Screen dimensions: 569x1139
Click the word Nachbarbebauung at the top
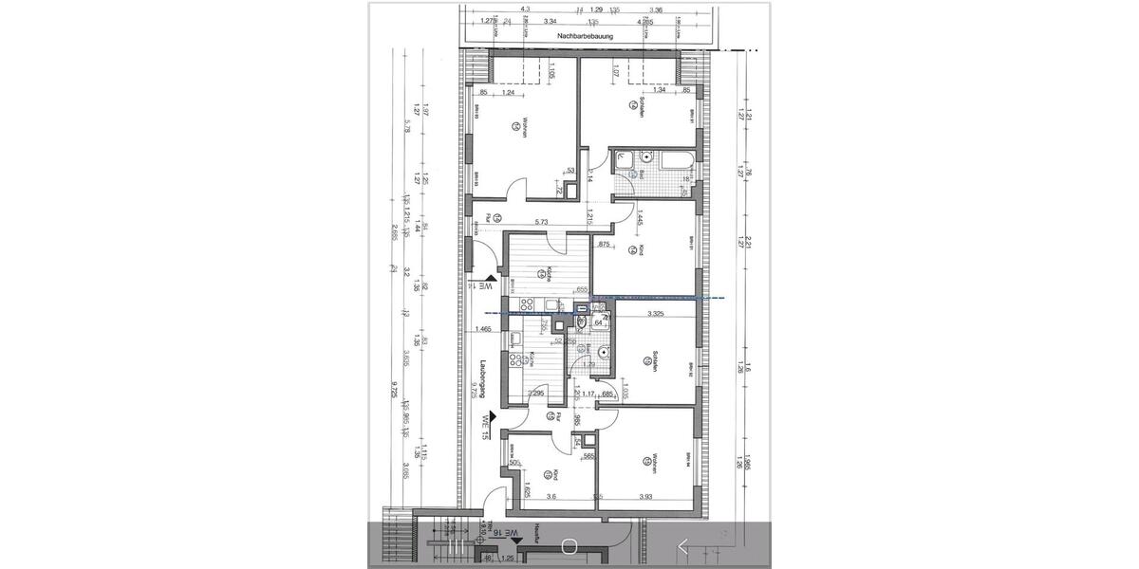tap(585, 37)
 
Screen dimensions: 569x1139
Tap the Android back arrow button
tap(682, 545)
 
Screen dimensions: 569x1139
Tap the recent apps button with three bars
tap(457, 545)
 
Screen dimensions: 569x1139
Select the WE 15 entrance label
tap(485, 428)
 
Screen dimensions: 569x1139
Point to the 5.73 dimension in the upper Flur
tap(543, 222)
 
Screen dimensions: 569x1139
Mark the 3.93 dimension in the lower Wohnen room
tap(646, 496)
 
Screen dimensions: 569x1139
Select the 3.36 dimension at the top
tap(656, 9)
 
